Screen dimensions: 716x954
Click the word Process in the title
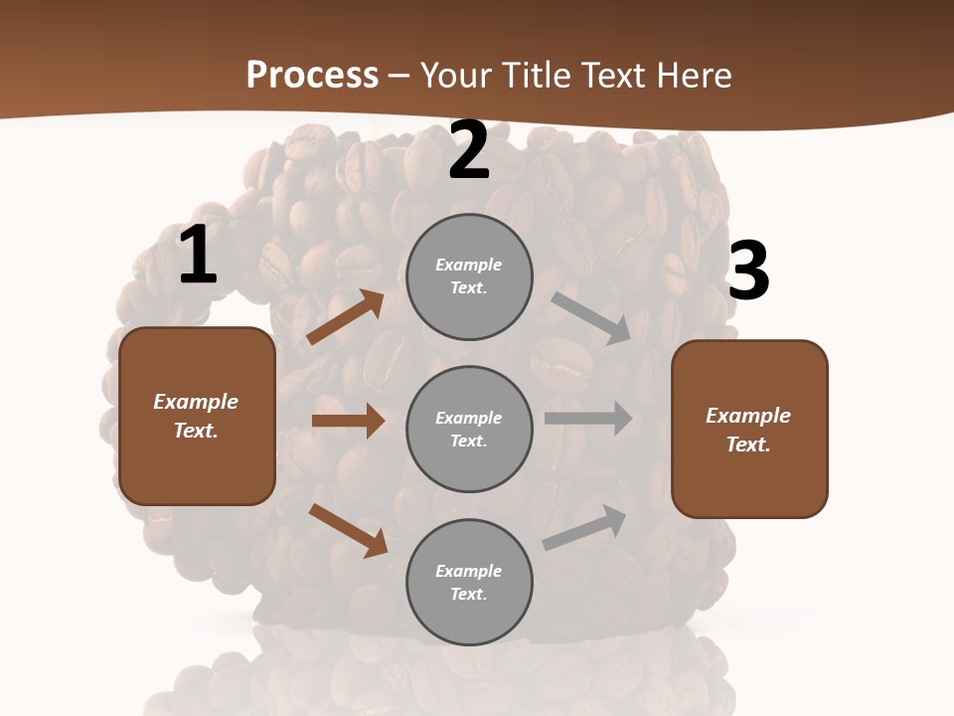312,76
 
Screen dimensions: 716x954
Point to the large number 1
198,256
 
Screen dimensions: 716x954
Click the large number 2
469,150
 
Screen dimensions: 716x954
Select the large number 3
748,270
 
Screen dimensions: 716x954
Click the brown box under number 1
197,416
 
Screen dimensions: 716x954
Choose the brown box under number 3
749,429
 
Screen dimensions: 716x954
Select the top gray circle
469,276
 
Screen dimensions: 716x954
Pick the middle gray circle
469,429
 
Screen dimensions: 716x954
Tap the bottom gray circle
469,582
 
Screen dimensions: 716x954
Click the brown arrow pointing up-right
345,317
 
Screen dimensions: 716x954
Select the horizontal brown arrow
348,421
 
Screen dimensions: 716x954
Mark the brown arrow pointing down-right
348,530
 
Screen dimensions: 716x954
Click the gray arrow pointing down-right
591,318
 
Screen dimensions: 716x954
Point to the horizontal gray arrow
588,419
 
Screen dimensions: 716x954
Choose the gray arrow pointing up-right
585,528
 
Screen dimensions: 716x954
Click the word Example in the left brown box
196,402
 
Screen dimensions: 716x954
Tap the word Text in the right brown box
746,445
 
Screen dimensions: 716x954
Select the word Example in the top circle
469,265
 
